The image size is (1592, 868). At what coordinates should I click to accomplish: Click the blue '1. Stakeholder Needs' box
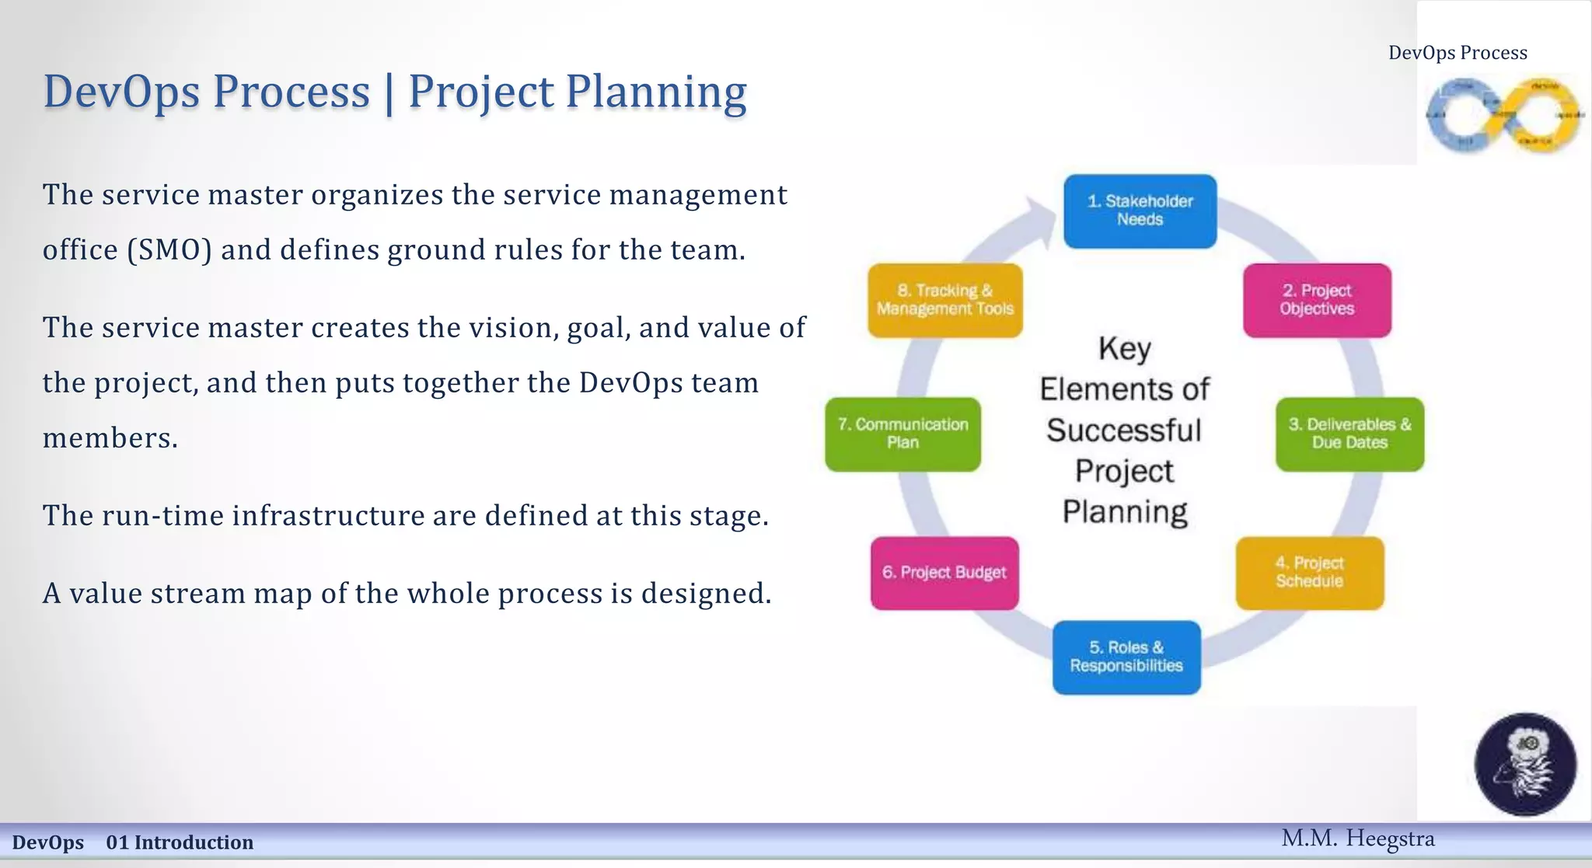click(x=1140, y=211)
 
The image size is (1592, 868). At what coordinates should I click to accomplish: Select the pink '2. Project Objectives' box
click(x=1317, y=300)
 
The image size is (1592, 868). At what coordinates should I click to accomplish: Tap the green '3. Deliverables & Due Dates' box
click(x=1349, y=434)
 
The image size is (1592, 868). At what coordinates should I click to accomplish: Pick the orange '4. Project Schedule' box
click(x=1310, y=573)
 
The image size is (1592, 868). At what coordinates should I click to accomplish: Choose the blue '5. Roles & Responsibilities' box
click(x=1126, y=657)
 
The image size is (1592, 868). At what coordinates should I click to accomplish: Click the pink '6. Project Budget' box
click(x=944, y=573)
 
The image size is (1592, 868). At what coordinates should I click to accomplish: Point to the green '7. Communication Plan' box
click(x=902, y=434)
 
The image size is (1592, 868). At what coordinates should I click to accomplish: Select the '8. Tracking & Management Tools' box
click(x=945, y=300)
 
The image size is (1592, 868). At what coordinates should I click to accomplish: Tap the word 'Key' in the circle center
click(x=1124, y=349)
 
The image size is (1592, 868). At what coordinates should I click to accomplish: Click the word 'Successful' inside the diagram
click(x=1124, y=431)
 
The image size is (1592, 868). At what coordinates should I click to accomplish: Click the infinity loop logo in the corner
click(x=1503, y=116)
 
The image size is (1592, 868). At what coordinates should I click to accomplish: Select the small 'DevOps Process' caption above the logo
click(x=1458, y=53)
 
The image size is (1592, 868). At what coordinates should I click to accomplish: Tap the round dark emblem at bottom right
click(x=1525, y=764)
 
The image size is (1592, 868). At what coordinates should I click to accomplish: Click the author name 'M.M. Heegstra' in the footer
click(x=1357, y=838)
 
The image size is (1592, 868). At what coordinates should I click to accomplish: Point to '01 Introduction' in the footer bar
click(x=180, y=842)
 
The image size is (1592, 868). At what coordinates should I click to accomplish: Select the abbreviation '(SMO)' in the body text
click(x=169, y=250)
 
